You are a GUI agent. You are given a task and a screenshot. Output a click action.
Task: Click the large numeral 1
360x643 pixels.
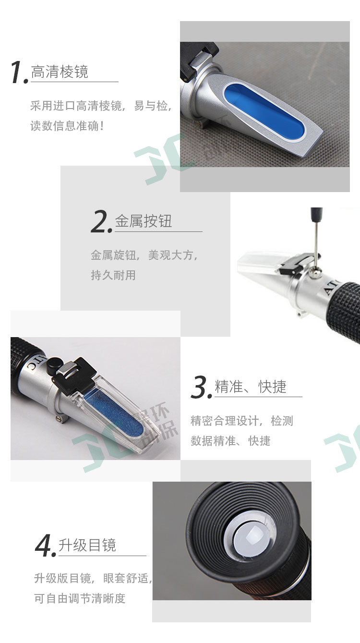point(18,72)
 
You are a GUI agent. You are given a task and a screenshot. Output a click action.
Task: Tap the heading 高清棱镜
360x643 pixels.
point(60,72)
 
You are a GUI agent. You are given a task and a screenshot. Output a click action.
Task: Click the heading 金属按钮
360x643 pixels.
point(144,221)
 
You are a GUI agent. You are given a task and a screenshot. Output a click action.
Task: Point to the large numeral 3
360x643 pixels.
point(201,387)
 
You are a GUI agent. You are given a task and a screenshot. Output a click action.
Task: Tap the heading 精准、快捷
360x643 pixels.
point(251,387)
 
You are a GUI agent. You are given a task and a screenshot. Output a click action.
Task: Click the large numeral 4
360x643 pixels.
point(45,546)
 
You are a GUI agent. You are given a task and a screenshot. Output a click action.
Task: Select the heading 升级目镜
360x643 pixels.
point(87,545)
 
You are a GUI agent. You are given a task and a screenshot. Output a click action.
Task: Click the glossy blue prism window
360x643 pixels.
point(264,112)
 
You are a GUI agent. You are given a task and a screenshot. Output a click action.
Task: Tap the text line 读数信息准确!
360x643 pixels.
point(67,126)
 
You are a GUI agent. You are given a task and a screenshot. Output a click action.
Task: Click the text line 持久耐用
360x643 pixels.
point(113,275)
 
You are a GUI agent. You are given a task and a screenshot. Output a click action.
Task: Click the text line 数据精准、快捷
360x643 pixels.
point(230,441)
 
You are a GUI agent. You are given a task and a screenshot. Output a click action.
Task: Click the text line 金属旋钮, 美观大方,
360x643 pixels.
point(144,255)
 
